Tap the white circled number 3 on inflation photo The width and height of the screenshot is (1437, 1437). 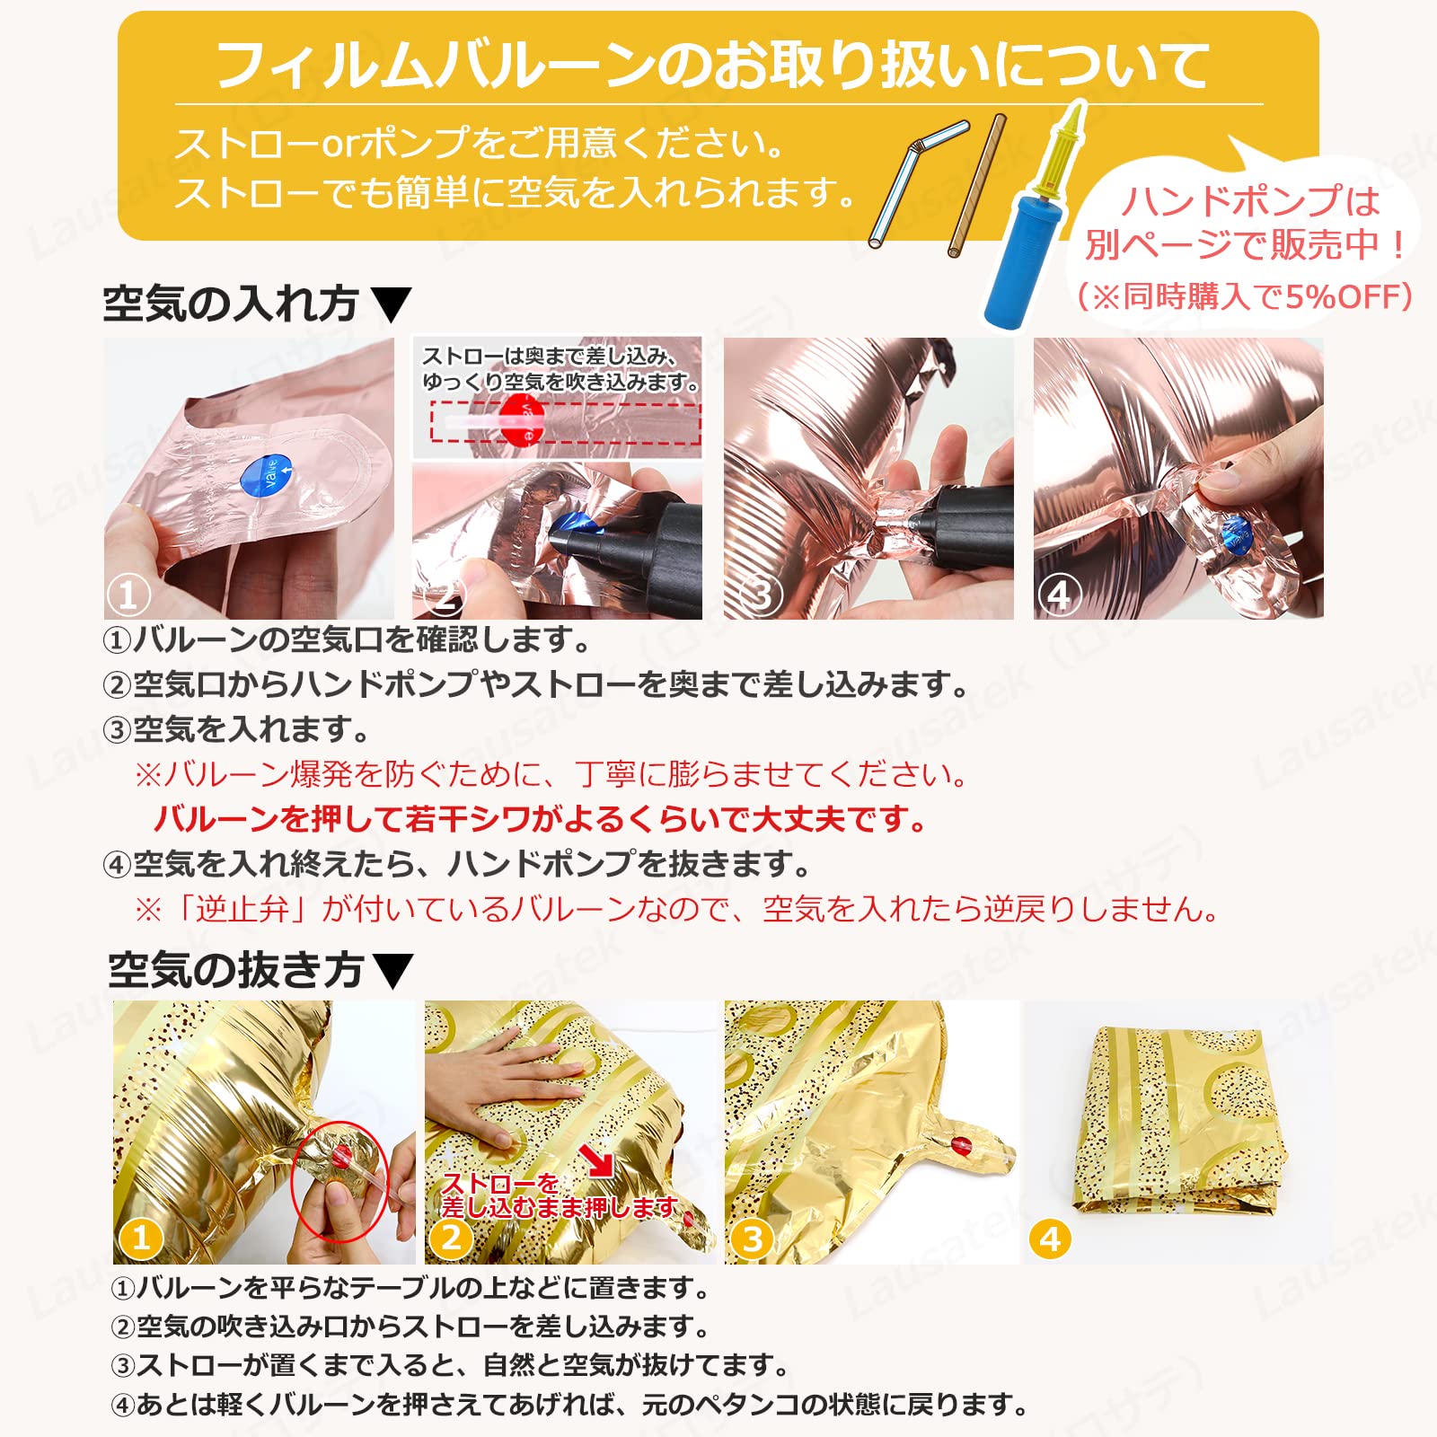[762, 595]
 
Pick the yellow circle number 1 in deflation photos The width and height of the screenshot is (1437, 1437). [141, 1239]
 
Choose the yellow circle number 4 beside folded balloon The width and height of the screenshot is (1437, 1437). [1050, 1239]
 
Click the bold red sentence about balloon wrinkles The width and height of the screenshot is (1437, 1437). [539, 819]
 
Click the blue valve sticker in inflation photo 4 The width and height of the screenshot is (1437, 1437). [1236, 537]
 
